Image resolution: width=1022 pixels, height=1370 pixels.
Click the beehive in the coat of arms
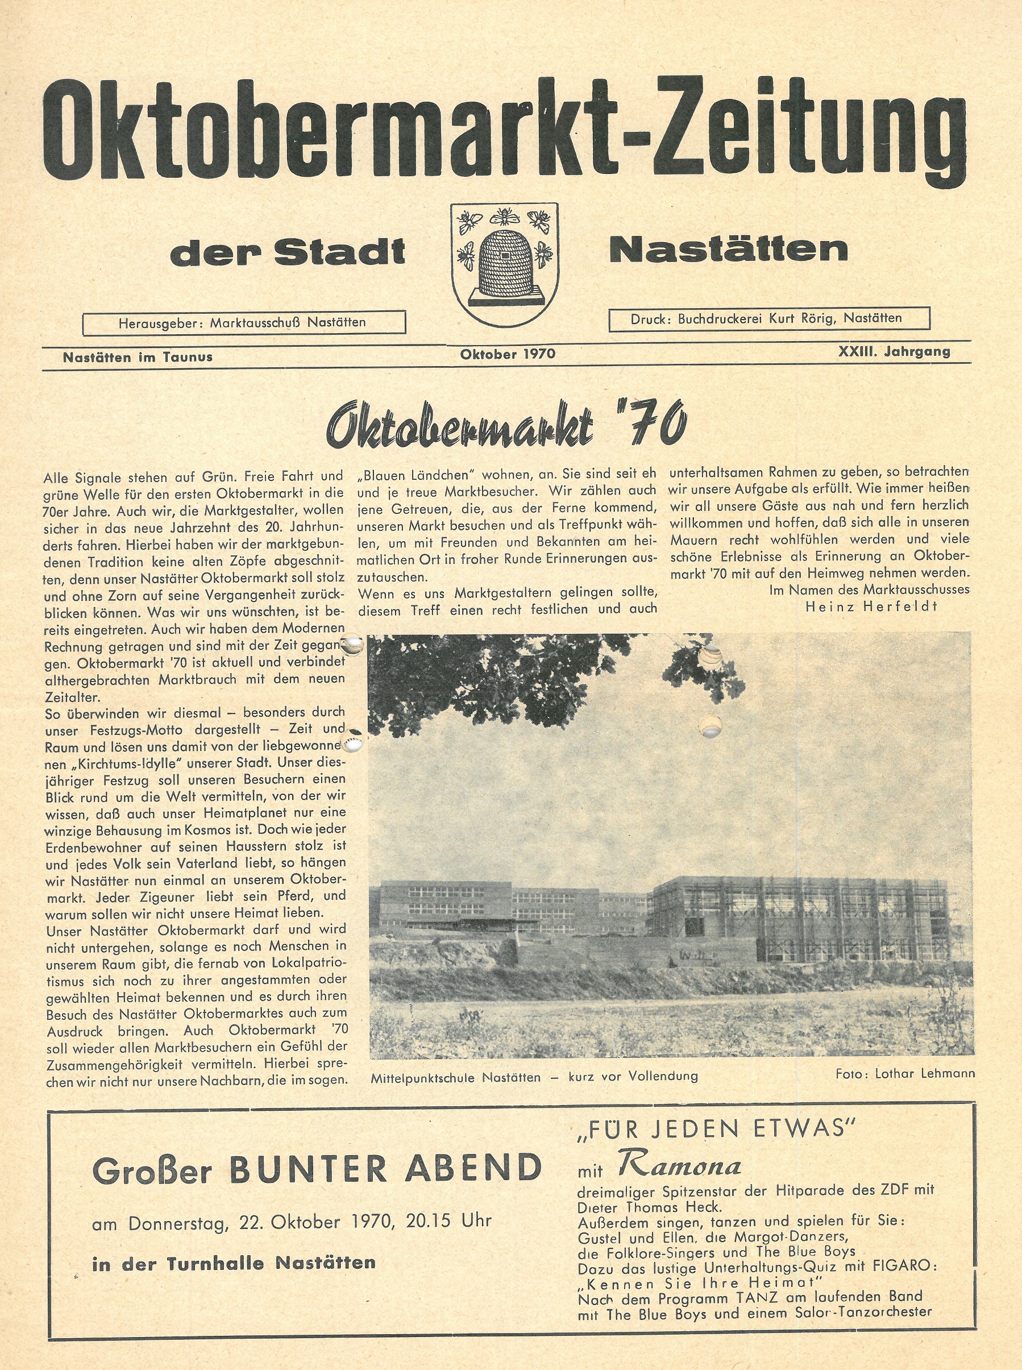point(504,261)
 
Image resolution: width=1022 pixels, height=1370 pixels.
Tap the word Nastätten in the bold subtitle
point(728,250)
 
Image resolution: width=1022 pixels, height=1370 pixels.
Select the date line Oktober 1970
point(507,354)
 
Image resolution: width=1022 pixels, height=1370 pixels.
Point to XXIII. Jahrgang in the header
point(894,351)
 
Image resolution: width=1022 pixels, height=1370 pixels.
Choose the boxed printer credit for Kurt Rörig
point(769,319)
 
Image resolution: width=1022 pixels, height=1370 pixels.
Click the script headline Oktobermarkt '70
point(506,426)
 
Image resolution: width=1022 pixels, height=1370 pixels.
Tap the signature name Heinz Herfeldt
point(871,607)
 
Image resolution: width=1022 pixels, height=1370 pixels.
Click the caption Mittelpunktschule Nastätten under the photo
point(456,1077)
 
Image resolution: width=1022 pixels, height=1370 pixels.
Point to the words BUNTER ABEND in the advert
point(385,1168)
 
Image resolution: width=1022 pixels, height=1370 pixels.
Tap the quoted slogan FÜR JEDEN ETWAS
point(715,1130)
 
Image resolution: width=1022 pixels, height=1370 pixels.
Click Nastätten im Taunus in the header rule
point(138,356)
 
